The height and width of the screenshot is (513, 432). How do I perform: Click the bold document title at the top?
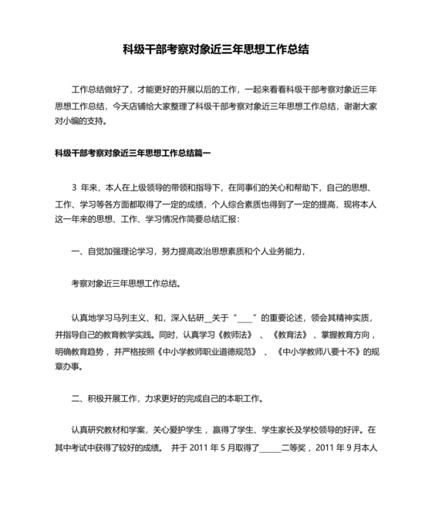[216, 49]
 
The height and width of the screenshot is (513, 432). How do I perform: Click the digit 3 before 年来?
[74, 187]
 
